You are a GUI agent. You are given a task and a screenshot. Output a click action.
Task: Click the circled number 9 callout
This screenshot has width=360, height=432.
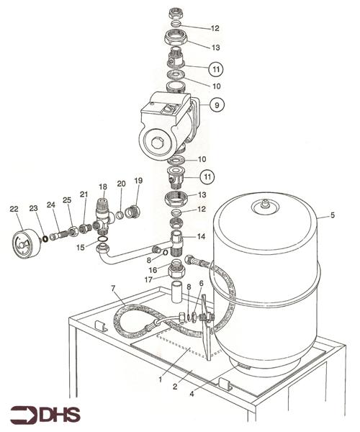click(217, 105)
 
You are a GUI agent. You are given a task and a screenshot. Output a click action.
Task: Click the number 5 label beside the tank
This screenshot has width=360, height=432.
click(333, 215)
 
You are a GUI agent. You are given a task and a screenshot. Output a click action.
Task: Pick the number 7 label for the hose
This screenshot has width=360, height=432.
click(113, 289)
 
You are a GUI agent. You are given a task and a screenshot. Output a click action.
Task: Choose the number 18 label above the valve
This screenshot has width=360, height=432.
click(103, 186)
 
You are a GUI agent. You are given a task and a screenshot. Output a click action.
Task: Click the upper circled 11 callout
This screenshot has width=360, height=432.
click(216, 69)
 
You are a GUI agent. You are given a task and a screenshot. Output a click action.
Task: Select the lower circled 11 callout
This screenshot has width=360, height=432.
click(207, 176)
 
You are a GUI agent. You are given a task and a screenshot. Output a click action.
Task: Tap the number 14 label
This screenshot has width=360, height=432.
click(201, 236)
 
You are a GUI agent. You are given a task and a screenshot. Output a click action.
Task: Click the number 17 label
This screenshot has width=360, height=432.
click(149, 280)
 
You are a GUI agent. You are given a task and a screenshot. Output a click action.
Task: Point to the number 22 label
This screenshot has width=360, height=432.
click(14, 209)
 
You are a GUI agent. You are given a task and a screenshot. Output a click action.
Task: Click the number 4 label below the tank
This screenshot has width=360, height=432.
click(192, 394)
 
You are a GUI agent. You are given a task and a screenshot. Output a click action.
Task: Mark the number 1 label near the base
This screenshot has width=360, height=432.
click(160, 379)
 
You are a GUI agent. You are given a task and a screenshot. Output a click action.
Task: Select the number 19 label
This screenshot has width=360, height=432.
click(138, 181)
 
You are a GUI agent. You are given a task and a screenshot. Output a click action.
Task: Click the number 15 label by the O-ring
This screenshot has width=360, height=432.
click(81, 248)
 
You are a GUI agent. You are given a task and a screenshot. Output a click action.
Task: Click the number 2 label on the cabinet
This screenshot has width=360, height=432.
click(175, 387)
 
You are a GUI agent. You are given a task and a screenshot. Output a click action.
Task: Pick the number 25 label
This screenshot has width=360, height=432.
click(67, 200)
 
